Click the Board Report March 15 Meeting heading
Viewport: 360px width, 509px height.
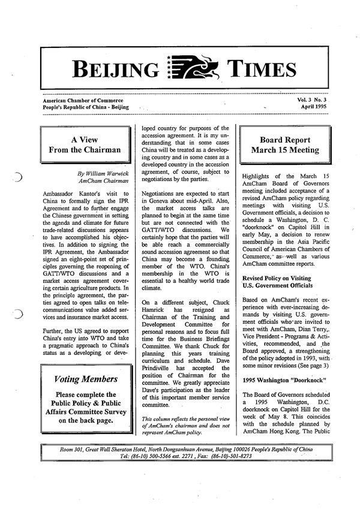click(281, 144)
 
